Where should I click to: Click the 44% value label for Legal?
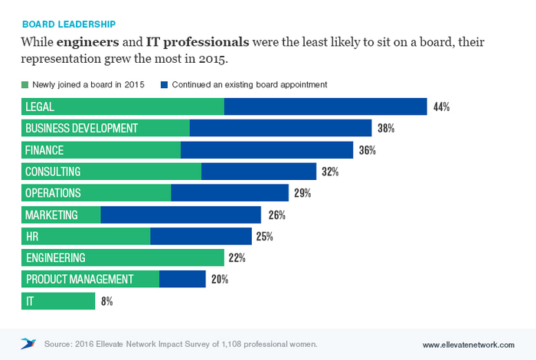click(x=440, y=107)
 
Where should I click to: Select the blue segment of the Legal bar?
click(x=325, y=107)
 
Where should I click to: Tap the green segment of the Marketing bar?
click(x=61, y=214)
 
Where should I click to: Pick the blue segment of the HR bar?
click(x=201, y=236)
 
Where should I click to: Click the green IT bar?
click(x=58, y=300)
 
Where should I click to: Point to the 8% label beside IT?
click(x=107, y=301)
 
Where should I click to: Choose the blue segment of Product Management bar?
click(x=182, y=279)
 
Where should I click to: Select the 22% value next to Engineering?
click(x=237, y=258)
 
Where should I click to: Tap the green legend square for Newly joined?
click(x=25, y=85)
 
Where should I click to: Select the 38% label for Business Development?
click(x=385, y=129)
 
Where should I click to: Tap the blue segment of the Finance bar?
click(x=266, y=150)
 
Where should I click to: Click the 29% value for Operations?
click(x=302, y=193)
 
